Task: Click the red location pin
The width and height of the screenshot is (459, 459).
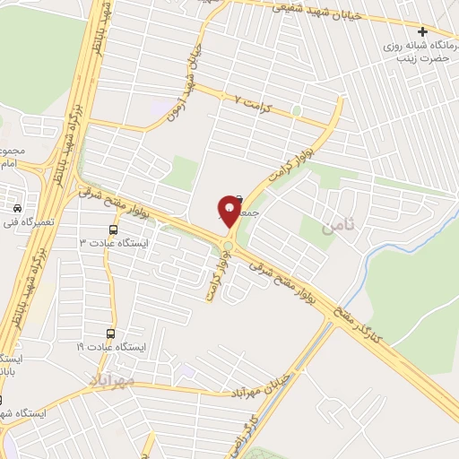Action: [x=229, y=211]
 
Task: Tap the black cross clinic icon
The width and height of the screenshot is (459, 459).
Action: [x=447, y=32]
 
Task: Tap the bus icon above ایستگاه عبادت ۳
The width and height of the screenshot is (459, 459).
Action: [x=110, y=229]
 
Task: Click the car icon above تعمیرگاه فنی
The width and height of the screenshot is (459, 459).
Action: [x=17, y=208]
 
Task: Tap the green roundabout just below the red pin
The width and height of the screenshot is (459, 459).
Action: [x=229, y=245]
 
